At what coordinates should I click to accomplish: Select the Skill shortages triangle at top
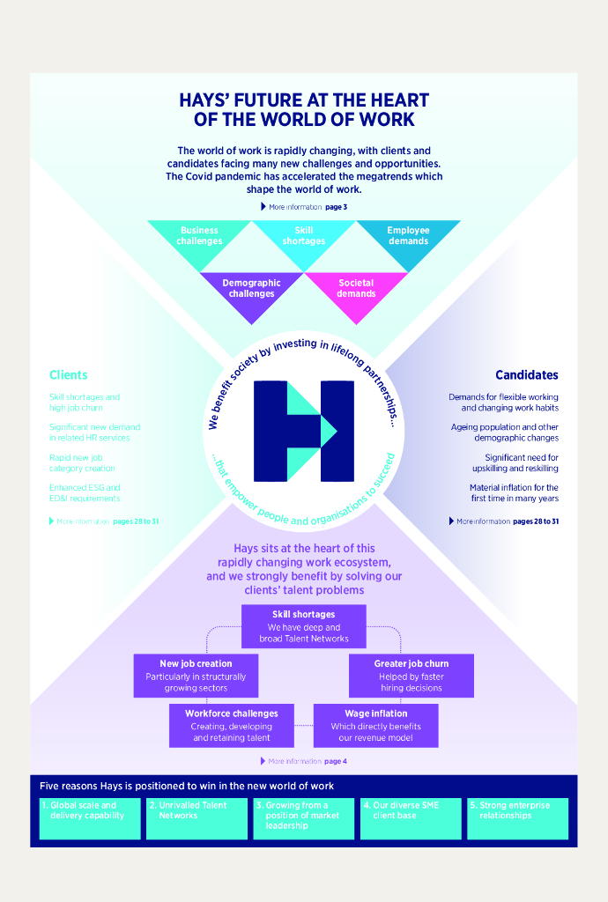coord(304,237)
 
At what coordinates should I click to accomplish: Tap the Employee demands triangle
coord(408,237)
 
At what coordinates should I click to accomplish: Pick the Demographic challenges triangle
coord(252,289)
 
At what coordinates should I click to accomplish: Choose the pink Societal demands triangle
coord(356,289)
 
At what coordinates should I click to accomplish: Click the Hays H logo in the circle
coord(304,431)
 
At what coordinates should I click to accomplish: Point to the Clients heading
coord(69,375)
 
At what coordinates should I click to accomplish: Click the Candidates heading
coord(526,375)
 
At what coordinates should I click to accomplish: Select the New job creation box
coord(196,676)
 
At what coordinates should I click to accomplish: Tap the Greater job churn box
coord(412,676)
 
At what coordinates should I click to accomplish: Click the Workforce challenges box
coord(232,725)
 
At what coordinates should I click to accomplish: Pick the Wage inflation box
coord(376,725)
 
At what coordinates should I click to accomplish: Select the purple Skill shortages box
coord(304,626)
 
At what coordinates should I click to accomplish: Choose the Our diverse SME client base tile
coord(411,818)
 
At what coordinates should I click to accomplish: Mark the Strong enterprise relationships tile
coord(517,818)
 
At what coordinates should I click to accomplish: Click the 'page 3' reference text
coord(336,207)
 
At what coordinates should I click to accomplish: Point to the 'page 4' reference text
coord(336,761)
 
